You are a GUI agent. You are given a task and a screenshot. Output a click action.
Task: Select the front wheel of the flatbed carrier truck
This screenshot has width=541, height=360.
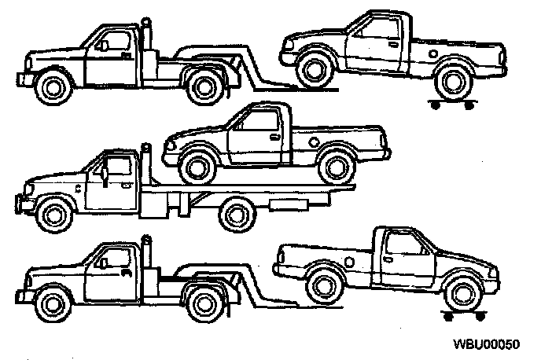click(x=53, y=213)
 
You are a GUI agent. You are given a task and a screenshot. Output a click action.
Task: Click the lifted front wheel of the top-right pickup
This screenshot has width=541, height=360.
click(x=314, y=68)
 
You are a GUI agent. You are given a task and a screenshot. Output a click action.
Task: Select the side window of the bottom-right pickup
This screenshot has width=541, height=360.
click(x=406, y=245)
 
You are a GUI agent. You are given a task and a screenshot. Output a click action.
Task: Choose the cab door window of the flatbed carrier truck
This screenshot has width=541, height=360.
click(x=116, y=168)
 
